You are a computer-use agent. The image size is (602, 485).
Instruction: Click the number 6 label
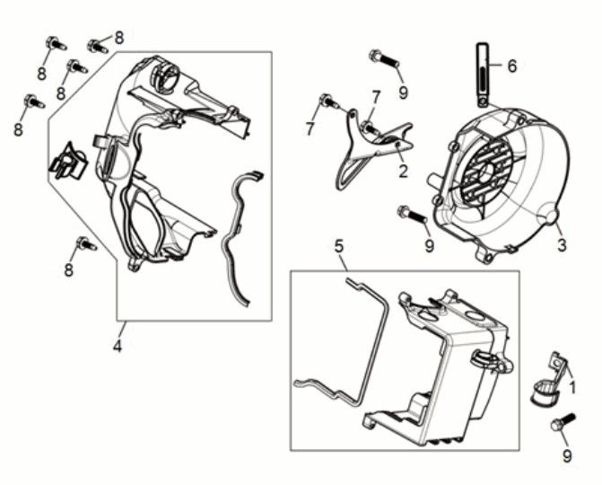[511, 66]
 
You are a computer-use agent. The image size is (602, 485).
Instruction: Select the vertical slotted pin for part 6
[483, 75]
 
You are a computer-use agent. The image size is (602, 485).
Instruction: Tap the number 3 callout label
[562, 245]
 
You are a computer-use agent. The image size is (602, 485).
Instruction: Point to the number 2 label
[403, 171]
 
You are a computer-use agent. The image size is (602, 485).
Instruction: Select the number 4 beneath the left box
[118, 346]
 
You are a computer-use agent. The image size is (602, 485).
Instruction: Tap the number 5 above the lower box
[338, 246]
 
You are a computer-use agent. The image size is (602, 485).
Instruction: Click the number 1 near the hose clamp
[572, 387]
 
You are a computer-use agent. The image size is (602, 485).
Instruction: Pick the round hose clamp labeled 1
[544, 392]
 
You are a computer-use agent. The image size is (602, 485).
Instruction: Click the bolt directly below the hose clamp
[563, 422]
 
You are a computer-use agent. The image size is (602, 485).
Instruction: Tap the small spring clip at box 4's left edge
[68, 161]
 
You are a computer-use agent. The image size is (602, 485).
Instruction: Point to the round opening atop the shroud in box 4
[166, 72]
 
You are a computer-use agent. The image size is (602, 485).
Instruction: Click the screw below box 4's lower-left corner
[86, 243]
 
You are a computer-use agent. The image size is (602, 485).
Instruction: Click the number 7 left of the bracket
[310, 128]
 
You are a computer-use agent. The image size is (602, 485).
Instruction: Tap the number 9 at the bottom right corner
[567, 455]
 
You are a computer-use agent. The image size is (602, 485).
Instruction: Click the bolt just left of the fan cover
[413, 214]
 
